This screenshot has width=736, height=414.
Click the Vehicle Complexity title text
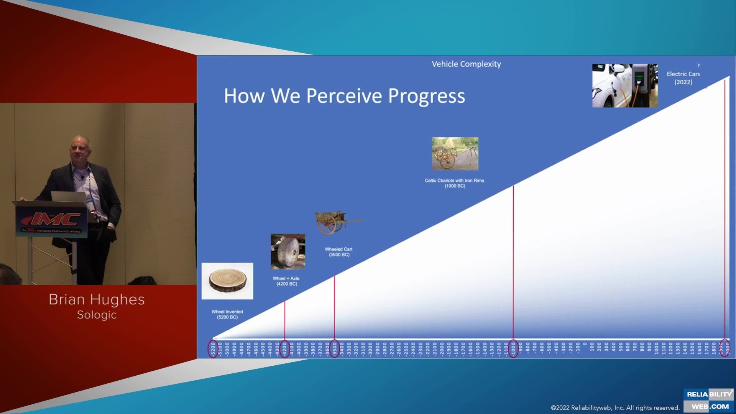[466, 64]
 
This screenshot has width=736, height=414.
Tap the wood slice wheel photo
[227, 281]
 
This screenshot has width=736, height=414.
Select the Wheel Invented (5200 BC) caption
[227, 314]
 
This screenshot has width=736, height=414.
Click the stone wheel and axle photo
[288, 251]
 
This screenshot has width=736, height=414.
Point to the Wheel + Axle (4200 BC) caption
[286, 281]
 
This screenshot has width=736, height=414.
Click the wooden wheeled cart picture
[337, 222]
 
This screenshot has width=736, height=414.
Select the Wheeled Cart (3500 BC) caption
[339, 252]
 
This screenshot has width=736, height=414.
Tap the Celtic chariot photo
[455, 154]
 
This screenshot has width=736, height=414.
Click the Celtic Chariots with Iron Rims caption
[454, 183]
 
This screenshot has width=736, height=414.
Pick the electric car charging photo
[625, 85]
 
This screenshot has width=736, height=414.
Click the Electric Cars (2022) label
[683, 78]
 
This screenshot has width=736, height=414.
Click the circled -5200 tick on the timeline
[213, 348]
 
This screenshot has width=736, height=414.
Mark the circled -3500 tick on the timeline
[334, 348]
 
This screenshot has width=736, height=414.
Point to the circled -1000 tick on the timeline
[513, 348]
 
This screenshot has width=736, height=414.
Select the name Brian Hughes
[97, 299]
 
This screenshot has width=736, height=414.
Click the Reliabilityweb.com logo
[709, 400]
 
